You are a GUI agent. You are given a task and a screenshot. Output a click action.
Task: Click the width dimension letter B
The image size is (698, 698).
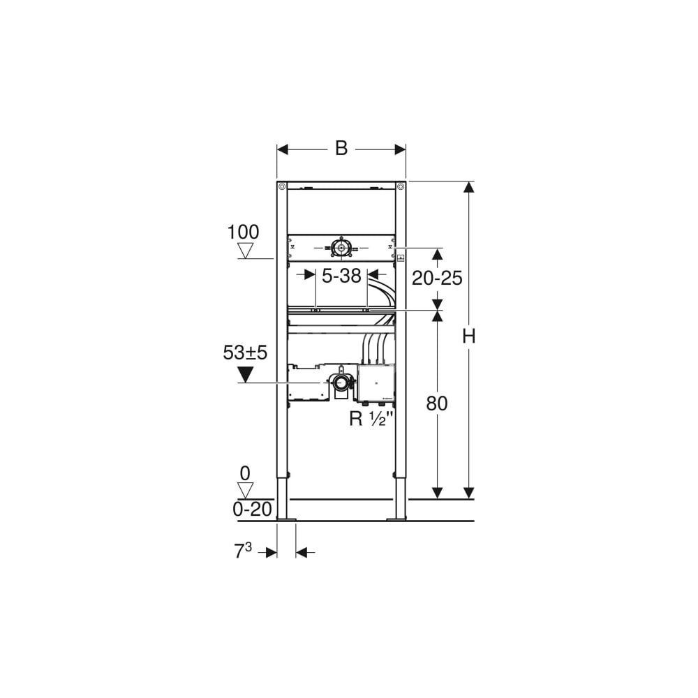point(341,148)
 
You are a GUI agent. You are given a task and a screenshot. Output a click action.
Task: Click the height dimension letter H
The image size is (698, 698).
point(469,336)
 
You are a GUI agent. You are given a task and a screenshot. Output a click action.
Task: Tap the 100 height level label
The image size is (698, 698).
point(243,232)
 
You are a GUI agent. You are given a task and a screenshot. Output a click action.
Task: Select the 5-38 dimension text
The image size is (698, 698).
point(341,276)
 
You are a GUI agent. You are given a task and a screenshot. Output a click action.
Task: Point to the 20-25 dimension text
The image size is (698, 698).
point(437,279)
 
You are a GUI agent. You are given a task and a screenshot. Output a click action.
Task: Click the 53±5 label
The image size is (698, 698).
point(245,352)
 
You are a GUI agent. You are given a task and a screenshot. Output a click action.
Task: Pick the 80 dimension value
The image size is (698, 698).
point(437,403)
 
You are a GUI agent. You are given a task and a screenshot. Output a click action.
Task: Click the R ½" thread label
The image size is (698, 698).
point(368,418)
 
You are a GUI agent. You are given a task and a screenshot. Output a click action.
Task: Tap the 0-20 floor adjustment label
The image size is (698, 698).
point(252,509)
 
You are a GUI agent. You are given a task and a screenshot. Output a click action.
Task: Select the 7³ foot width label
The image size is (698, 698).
point(243,552)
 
